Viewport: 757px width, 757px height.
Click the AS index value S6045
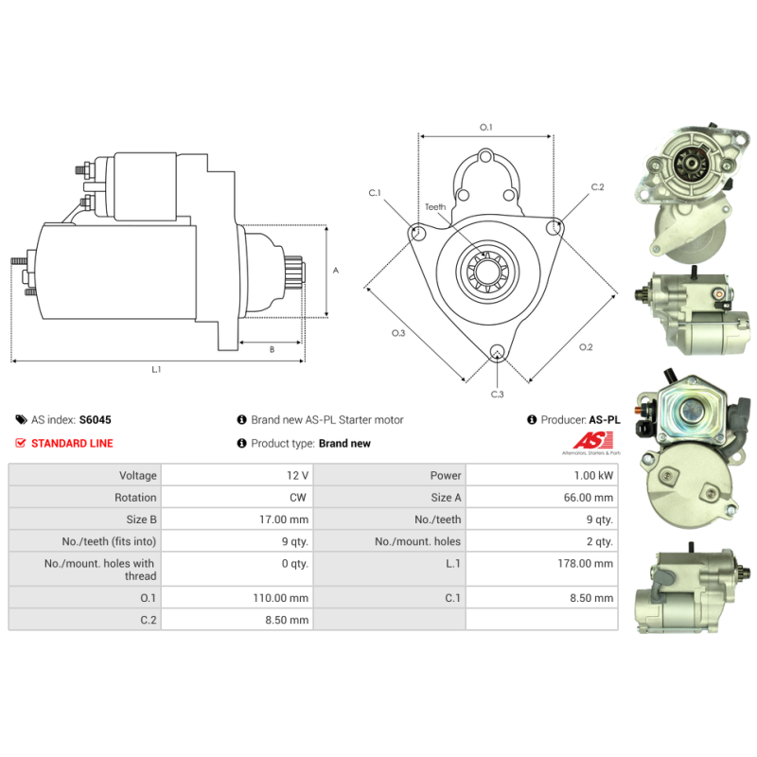pos(96,419)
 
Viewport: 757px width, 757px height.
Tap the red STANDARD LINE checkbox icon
pos(20,443)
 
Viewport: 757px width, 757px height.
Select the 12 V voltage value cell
pos(297,476)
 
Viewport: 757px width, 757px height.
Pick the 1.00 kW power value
pos(593,476)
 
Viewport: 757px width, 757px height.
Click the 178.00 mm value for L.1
pos(585,563)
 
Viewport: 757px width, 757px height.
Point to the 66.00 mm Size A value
pos(588,498)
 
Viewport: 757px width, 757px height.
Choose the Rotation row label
pos(135,498)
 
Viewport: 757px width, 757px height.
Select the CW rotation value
pos(298,498)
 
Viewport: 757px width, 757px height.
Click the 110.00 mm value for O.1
pos(280,598)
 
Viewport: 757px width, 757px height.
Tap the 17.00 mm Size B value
pos(283,519)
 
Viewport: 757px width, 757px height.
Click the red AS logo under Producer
pos(593,441)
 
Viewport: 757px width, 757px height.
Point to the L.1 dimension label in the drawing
pos(156,369)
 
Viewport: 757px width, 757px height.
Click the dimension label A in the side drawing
pos(336,271)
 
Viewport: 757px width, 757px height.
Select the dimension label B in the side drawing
pos(272,349)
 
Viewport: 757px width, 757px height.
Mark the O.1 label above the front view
pos(485,127)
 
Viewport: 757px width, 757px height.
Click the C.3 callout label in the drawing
pos(498,394)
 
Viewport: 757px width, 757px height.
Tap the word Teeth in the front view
pos(435,206)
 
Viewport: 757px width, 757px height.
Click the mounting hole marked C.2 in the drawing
pos(554,227)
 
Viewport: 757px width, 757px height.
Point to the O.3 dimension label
pos(398,333)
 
